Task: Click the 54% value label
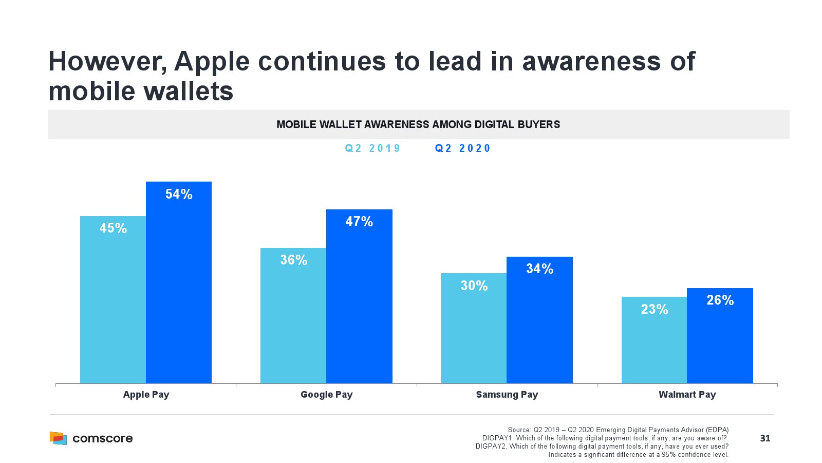(x=179, y=194)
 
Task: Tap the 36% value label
(x=293, y=260)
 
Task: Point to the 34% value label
(x=539, y=269)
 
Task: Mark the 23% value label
(x=654, y=309)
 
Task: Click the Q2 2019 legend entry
(x=372, y=148)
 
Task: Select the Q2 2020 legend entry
(x=462, y=148)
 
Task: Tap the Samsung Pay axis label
(x=507, y=395)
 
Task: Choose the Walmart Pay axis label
(x=687, y=395)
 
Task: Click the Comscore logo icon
(x=58, y=438)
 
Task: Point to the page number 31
(x=765, y=438)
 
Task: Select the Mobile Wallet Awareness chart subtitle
(x=418, y=124)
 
